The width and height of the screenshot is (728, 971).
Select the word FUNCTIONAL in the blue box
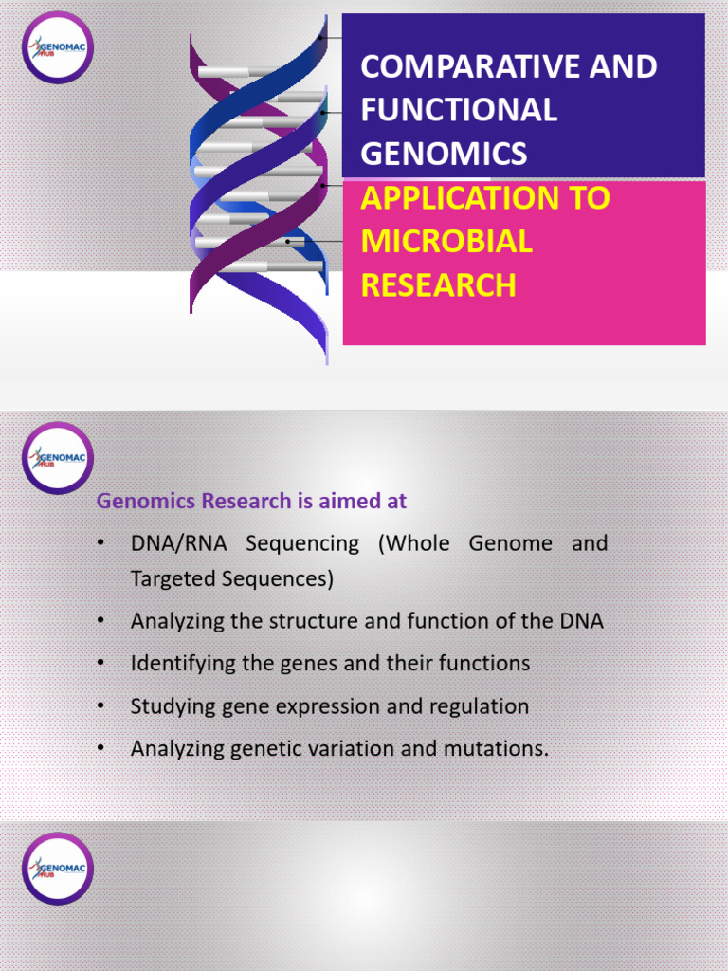459,110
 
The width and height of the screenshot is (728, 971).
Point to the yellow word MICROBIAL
446,242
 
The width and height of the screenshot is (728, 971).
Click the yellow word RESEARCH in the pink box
439,285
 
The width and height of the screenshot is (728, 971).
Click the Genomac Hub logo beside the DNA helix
58,47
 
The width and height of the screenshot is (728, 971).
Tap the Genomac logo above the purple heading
58,458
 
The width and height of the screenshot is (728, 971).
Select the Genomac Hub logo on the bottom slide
58,868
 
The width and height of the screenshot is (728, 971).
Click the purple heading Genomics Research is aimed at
251,501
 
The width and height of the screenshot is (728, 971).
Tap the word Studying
167,706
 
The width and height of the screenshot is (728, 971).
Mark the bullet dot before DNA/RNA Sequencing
100,544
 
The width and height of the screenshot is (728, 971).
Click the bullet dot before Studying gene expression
100,706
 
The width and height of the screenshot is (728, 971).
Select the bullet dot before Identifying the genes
100,664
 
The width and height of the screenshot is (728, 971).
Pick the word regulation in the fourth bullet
479,706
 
